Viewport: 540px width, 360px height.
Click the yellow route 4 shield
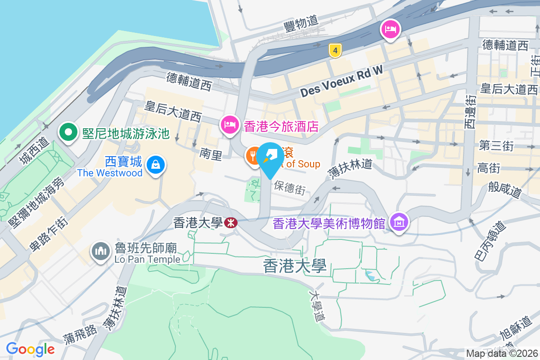click(334, 50)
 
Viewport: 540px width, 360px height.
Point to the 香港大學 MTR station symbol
click(231, 222)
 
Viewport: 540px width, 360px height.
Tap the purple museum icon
click(399, 222)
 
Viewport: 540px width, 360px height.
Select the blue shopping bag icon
click(155, 165)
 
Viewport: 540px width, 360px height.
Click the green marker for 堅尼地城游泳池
click(68, 133)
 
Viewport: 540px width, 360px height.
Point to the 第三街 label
click(496, 146)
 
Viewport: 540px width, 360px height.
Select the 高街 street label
click(489, 168)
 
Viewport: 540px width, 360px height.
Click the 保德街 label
click(289, 188)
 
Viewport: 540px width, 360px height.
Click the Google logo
click(31, 349)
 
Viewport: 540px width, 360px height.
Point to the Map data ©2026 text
click(501, 353)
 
